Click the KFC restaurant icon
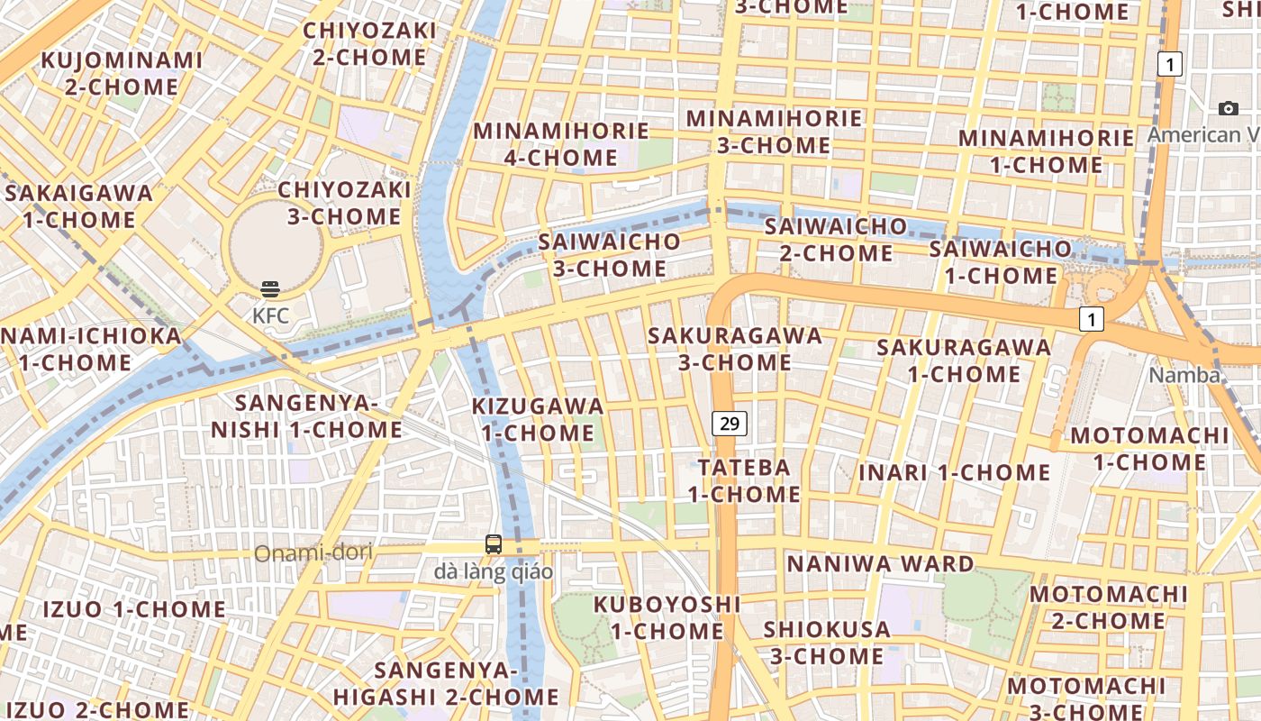click(x=270, y=289)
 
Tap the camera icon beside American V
click(x=1228, y=109)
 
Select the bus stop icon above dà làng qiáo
click(x=494, y=544)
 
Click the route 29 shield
click(x=730, y=423)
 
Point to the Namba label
click(x=1184, y=376)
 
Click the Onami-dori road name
click(x=313, y=552)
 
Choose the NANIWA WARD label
click(x=880, y=564)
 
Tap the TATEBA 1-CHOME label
click(x=744, y=480)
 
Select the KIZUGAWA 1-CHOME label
click(x=538, y=419)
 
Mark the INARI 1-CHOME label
click(x=954, y=472)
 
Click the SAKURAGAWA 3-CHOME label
click(x=735, y=350)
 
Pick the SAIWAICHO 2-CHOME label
click(x=835, y=239)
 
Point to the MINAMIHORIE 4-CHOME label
click(x=560, y=144)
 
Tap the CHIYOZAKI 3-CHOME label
click(x=343, y=203)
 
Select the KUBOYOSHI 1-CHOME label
click(x=667, y=617)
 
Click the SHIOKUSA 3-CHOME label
click(x=826, y=643)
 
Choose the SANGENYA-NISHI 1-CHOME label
click(x=306, y=415)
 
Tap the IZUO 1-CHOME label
click(x=134, y=609)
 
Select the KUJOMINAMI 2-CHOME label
click(x=122, y=74)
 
